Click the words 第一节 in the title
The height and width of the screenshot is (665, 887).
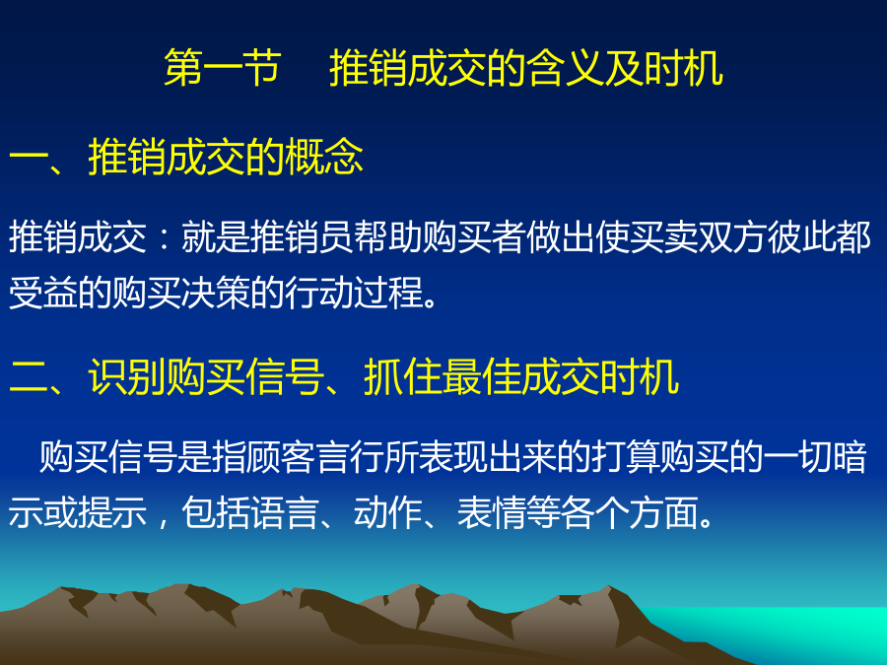[x=223, y=68]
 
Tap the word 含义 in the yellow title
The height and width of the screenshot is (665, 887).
[x=565, y=68]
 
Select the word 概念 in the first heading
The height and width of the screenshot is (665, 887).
[x=324, y=157]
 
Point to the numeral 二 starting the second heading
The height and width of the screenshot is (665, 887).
[x=29, y=377]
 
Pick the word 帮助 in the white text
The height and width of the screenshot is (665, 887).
[x=388, y=236]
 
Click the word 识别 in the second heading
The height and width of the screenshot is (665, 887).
[x=127, y=377]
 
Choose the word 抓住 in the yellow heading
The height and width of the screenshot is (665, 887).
[x=403, y=377]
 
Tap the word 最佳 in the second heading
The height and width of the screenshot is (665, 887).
[x=481, y=377]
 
